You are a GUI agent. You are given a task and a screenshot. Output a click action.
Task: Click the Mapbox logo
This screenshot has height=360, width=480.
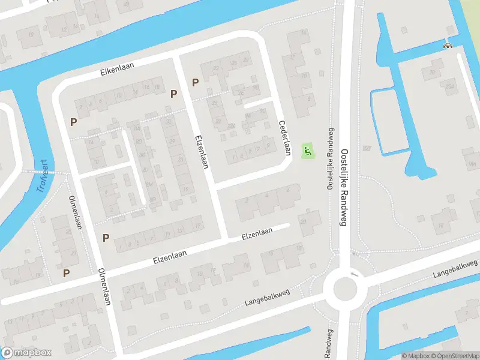[x=26, y=353]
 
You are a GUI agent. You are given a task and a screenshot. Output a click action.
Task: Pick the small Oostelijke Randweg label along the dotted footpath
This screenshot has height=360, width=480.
[x=329, y=159]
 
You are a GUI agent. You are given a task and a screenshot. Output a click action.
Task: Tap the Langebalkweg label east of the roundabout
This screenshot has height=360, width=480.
[x=455, y=269]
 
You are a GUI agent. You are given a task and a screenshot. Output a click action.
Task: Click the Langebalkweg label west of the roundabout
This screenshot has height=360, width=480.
[x=267, y=298]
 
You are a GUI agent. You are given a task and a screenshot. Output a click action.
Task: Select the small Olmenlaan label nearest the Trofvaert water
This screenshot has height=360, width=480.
[x=75, y=212]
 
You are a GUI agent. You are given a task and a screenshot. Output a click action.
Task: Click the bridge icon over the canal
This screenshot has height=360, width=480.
[x=447, y=46]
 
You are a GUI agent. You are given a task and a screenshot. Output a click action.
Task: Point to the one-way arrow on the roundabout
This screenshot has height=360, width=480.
[x=354, y=274]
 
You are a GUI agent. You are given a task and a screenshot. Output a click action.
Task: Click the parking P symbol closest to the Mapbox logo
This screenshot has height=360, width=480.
[x=67, y=272]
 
